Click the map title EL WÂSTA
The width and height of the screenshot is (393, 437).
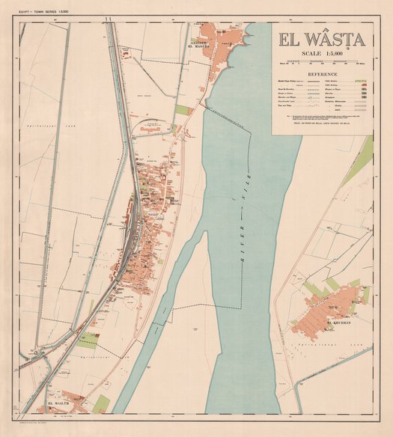(322, 39)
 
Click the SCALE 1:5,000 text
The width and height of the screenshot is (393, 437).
(322, 53)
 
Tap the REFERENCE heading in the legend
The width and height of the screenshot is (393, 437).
(321, 75)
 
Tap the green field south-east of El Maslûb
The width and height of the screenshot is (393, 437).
(101, 404)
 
